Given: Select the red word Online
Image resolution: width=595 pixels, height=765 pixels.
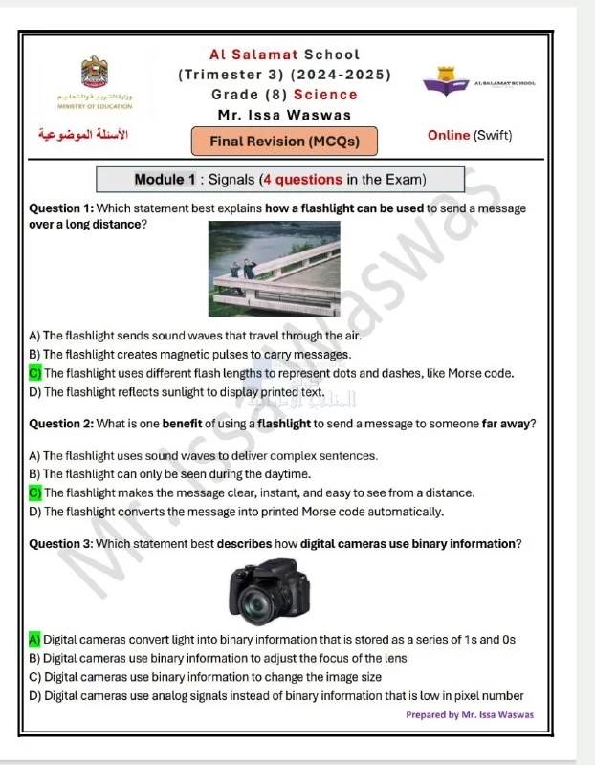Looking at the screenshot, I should coord(449,135).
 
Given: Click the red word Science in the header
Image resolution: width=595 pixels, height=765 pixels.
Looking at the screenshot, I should coord(325,95).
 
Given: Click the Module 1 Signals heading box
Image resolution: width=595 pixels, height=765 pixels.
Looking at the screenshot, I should coord(280,180).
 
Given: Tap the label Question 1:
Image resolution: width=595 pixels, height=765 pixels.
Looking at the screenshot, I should coord(61,208).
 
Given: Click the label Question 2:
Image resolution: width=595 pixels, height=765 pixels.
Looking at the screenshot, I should coord(61,424).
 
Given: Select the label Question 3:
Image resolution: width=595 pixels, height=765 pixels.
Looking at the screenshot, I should coord(61,544).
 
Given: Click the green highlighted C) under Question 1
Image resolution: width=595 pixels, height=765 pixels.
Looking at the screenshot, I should coord(34,373).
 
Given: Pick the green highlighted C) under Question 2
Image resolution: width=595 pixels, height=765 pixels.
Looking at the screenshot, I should coord(34,492).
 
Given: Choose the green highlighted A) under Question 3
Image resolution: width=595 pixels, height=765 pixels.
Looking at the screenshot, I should coord(34,639).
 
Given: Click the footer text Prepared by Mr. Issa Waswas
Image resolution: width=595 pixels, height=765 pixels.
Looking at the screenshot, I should coord(470,714).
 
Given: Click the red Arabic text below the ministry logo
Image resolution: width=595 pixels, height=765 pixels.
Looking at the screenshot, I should coord(78,135).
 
